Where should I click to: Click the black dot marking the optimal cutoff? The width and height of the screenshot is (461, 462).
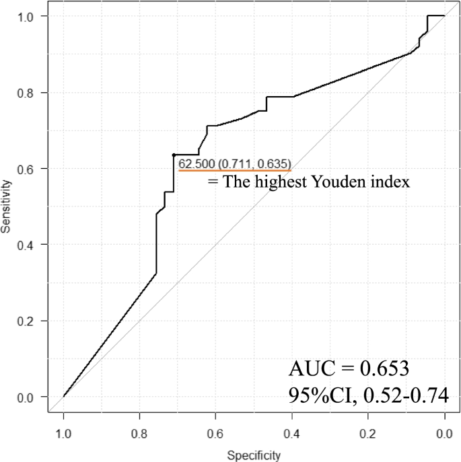(x=174, y=155)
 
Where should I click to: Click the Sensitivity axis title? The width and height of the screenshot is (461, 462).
(x=7, y=206)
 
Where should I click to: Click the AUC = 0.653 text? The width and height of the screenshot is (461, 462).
(x=349, y=369)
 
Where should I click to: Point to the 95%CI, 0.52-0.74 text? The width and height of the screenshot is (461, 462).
(x=368, y=395)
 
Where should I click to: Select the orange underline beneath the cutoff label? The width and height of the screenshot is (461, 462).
(x=234, y=171)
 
